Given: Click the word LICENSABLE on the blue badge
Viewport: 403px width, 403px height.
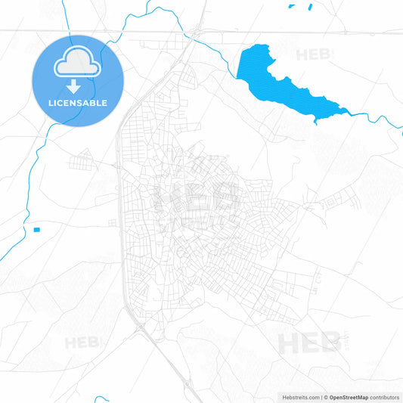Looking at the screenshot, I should click(78, 102).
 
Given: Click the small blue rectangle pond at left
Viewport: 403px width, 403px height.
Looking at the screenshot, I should click(36, 228).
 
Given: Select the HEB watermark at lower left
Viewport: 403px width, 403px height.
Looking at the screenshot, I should click(82, 343).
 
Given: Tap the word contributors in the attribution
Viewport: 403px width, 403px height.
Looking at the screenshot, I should click(385, 396).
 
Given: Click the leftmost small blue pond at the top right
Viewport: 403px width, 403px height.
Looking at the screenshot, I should click(292, 7).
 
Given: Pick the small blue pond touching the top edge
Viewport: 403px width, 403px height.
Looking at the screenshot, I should click(309, 6).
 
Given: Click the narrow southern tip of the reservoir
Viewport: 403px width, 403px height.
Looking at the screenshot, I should click(317, 118).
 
